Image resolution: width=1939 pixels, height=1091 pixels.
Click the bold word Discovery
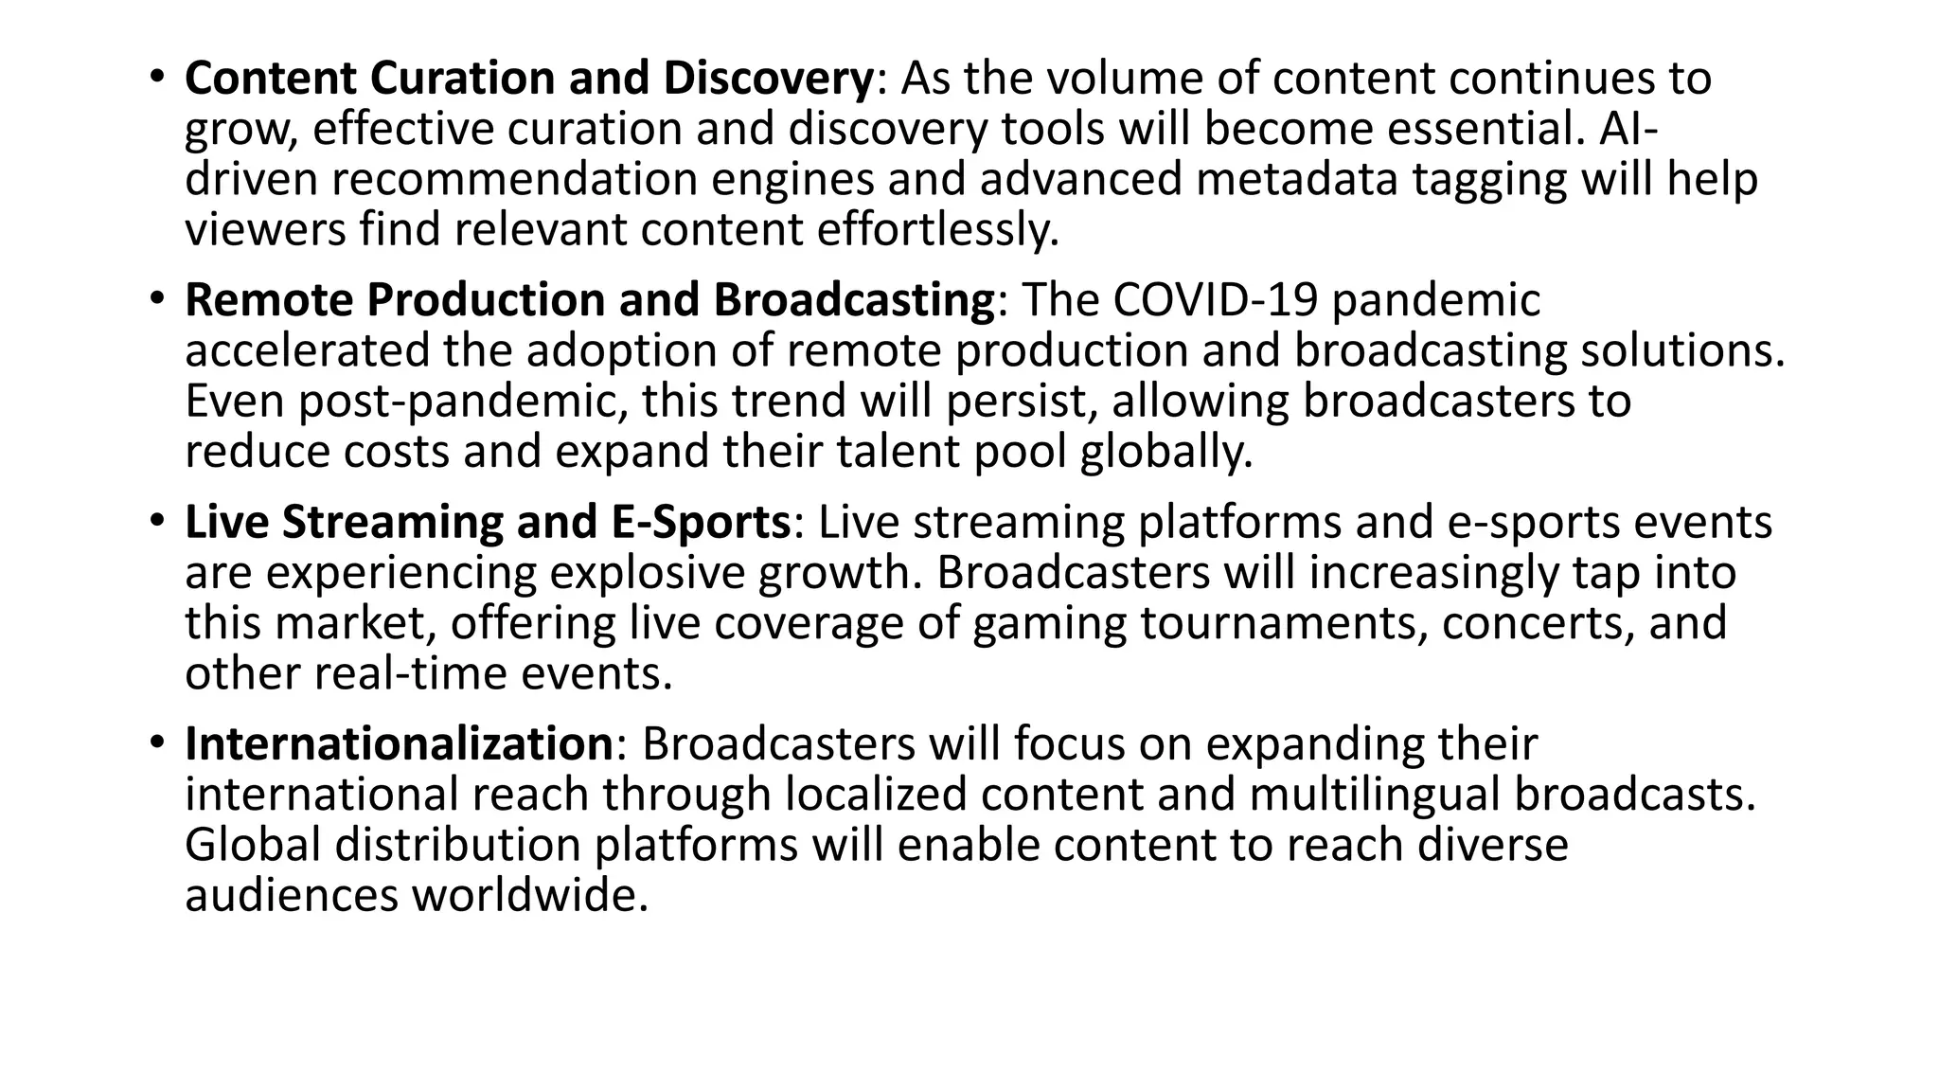768,79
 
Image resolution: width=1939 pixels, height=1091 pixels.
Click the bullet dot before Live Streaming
157,520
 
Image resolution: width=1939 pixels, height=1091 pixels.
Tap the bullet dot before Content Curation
157,76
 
